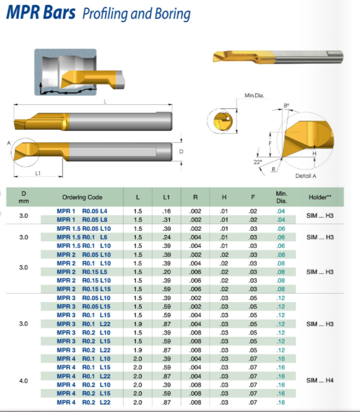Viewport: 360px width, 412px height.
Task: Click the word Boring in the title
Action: tap(172, 14)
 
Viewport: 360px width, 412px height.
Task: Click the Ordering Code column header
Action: tap(82, 197)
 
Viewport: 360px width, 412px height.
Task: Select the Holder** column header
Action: tap(320, 197)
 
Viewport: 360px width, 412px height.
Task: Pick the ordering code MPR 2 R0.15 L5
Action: tap(82, 272)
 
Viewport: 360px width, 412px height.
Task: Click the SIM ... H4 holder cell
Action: tap(319, 380)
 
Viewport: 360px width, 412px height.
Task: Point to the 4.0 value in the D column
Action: tap(23, 381)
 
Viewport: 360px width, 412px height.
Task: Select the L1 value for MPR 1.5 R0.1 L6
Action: tap(166, 237)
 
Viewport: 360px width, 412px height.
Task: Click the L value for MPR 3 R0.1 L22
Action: tap(137, 324)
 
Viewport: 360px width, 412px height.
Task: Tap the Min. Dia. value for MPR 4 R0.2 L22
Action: tap(281, 403)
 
